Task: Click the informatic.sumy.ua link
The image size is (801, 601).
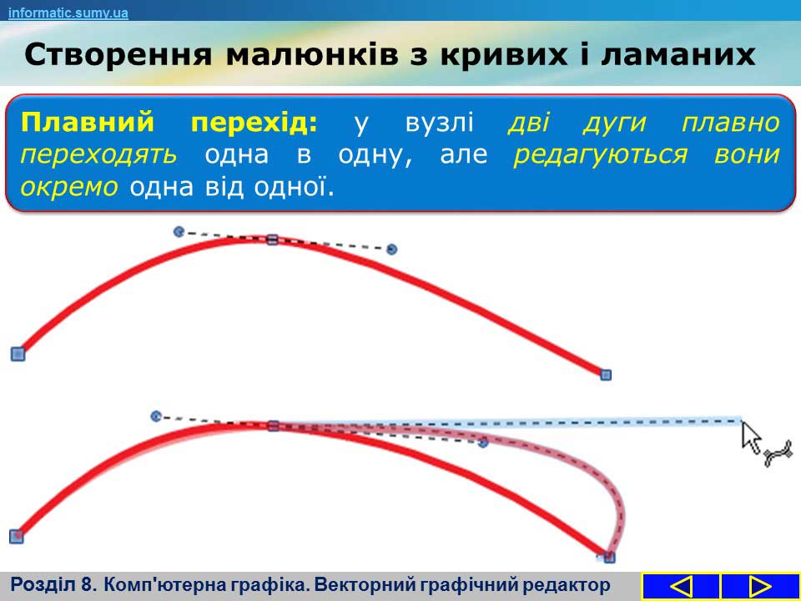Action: pos(68,13)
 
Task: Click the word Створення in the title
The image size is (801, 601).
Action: pos(118,55)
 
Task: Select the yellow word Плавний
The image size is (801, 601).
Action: pos(88,123)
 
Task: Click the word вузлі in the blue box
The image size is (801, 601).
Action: pos(440,124)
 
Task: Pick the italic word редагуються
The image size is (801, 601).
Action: pos(600,155)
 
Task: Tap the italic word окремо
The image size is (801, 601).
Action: pos(69,188)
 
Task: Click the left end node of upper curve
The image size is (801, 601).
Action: pos(18,354)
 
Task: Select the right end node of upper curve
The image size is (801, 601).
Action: pos(606,375)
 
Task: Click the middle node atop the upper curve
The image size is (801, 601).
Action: pos(272,240)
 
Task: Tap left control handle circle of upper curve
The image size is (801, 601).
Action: pos(179,232)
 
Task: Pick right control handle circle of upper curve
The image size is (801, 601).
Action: pos(392,250)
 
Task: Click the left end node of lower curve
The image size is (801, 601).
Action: pos(17,537)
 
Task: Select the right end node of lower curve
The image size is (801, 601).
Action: pos(609,557)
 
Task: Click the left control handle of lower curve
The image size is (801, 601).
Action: pos(156,417)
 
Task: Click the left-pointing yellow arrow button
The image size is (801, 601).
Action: pos(681,586)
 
